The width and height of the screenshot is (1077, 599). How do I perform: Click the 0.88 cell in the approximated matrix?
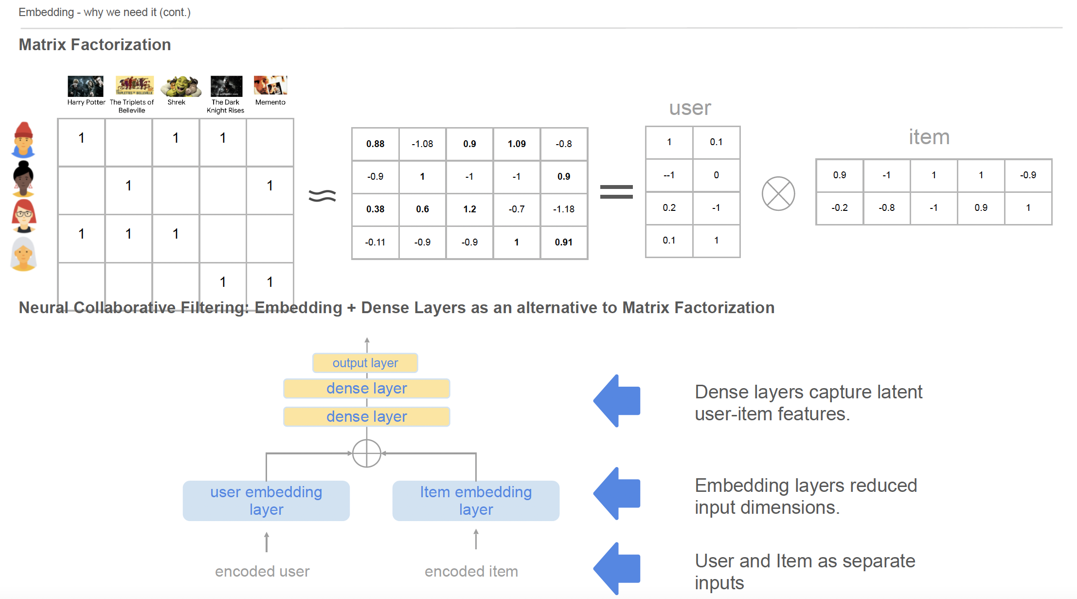pyautogui.click(x=375, y=144)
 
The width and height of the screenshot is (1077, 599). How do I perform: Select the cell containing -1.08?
pyautogui.click(x=422, y=144)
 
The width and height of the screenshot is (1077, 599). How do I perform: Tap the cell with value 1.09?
pyautogui.click(x=517, y=144)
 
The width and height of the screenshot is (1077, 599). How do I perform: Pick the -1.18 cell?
pyautogui.click(x=564, y=209)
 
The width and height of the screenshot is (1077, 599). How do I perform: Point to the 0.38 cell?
pyautogui.click(x=375, y=209)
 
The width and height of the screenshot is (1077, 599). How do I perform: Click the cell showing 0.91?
pyautogui.click(x=564, y=242)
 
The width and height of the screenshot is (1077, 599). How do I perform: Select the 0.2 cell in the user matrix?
pyautogui.click(x=669, y=207)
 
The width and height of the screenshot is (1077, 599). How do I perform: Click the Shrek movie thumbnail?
pyautogui.click(x=181, y=86)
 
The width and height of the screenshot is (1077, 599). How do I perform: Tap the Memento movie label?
pyautogui.click(x=270, y=102)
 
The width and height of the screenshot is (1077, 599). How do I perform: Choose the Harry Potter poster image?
pyautogui.click(x=86, y=86)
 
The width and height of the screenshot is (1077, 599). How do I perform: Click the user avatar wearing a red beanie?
pyautogui.click(x=23, y=140)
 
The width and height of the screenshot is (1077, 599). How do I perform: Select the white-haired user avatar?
pyautogui.click(x=23, y=254)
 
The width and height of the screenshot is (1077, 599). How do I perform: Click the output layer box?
pyautogui.click(x=365, y=363)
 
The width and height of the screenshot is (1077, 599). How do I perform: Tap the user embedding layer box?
pyautogui.click(x=266, y=501)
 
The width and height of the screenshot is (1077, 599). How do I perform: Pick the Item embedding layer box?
pyautogui.click(x=476, y=501)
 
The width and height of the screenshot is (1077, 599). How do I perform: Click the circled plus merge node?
pyautogui.click(x=366, y=453)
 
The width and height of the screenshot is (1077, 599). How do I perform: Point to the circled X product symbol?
pyautogui.click(x=778, y=193)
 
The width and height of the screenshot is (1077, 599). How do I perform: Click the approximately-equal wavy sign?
pyautogui.click(x=322, y=195)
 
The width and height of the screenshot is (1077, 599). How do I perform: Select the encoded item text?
pyautogui.click(x=471, y=571)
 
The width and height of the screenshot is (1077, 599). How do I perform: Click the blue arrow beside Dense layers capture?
pyautogui.click(x=617, y=401)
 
